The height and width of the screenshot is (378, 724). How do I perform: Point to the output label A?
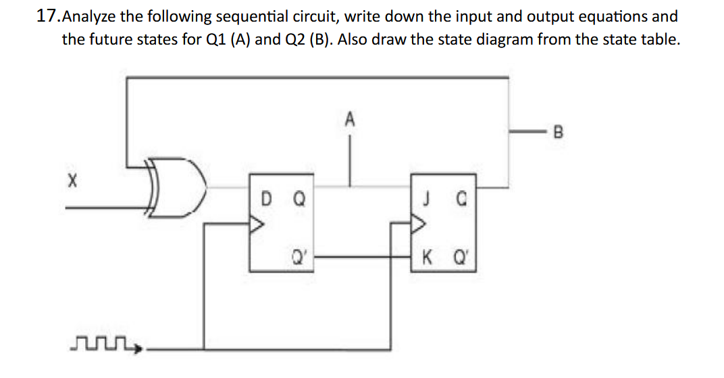pyautogui.click(x=349, y=120)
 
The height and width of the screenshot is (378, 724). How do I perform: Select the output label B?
pyautogui.click(x=557, y=131)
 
